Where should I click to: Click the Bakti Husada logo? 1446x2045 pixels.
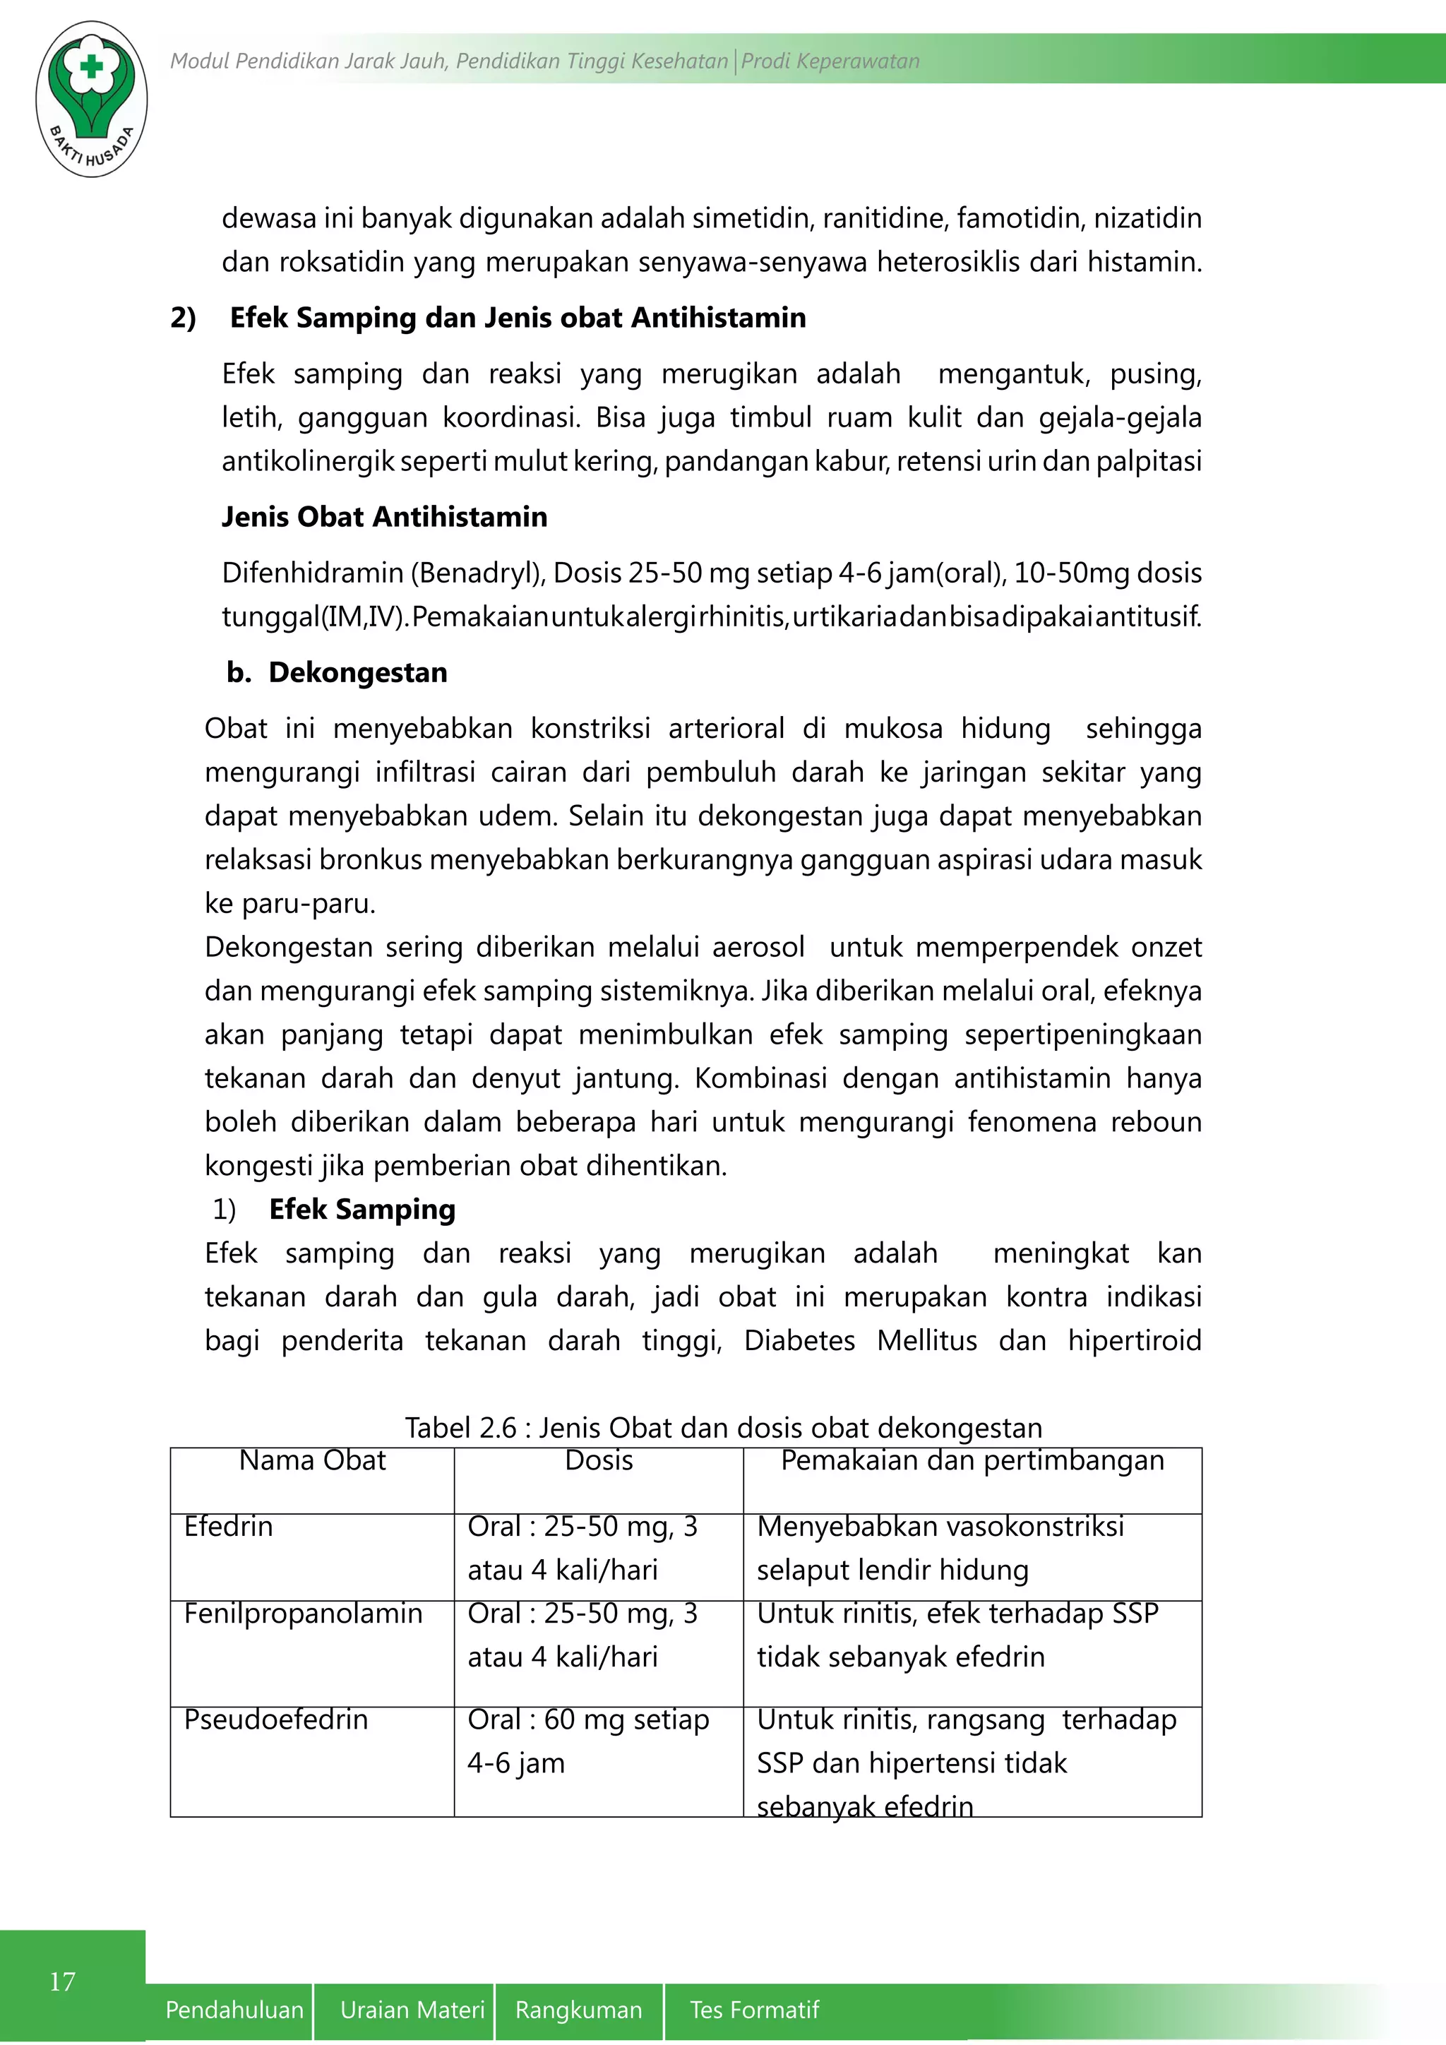pyautogui.click(x=91, y=98)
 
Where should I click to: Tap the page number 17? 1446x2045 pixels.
pyautogui.click(x=62, y=1981)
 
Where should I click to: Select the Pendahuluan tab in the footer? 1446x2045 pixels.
pyautogui.click(x=234, y=2010)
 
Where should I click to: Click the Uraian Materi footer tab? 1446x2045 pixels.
pyautogui.click(x=412, y=2010)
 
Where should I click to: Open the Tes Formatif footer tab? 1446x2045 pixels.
pyautogui.click(x=753, y=2010)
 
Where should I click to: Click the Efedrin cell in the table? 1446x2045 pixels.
pyautogui.click(x=229, y=1527)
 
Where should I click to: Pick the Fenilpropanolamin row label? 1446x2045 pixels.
pyautogui.click(x=303, y=1613)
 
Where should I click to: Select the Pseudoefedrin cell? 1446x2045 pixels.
pyautogui.click(x=275, y=1719)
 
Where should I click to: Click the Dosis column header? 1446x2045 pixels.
pyautogui.click(x=598, y=1461)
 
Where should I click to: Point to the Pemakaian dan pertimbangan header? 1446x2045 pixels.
pyautogui.click(x=972, y=1461)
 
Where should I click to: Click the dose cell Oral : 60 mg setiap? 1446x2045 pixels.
pyautogui.click(x=587, y=1719)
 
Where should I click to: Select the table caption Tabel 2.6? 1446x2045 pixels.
pyautogui.click(x=723, y=1428)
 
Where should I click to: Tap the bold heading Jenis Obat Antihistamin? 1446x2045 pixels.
pyautogui.click(x=384, y=517)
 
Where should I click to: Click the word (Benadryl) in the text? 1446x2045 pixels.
pyautogui.click(x=477, y=573)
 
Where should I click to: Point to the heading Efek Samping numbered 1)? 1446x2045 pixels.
pyautogui.click(x=361, y=1210)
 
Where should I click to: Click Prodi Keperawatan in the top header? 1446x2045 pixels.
pyautogui.click(x=830, y=61)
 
